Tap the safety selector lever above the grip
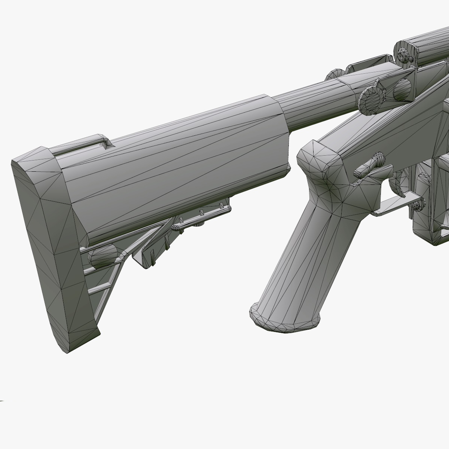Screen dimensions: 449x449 click(x=369, y=165)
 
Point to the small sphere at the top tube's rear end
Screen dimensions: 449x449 click(x=405, y=54)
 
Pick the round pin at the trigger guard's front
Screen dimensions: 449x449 click(x=419, y=204)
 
